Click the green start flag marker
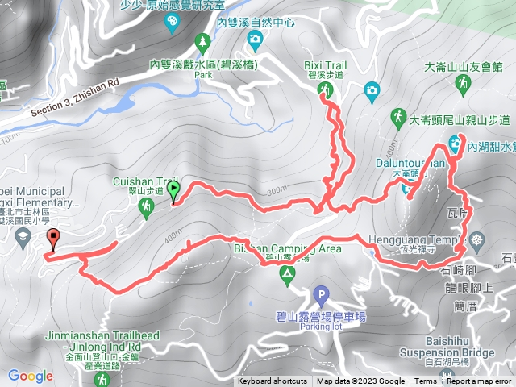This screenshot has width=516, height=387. [173, 191]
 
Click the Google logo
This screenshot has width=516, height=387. [31, 376]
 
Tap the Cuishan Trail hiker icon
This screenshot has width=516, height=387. [146, 208]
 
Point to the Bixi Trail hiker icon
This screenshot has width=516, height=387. [325, 89]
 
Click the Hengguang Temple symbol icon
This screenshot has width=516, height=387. [478, 239]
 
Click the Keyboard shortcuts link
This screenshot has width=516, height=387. [272, 381]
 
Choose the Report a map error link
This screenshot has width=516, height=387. [481, 381]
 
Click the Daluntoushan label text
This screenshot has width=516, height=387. [411, 164]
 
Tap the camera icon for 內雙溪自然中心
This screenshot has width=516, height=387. [255, 39]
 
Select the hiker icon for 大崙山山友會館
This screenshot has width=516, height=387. [464, 82]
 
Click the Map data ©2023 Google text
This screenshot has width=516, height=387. [360, 381]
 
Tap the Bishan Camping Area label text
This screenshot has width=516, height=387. [274, 248]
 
